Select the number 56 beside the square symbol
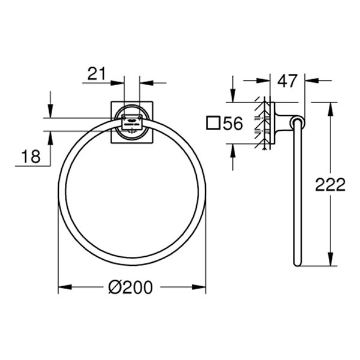point(232,124)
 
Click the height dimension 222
point(331,184)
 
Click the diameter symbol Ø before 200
point(116,287)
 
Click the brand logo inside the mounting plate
point(132,122)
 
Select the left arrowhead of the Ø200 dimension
point(62,287)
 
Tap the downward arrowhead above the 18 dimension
point(50,113)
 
